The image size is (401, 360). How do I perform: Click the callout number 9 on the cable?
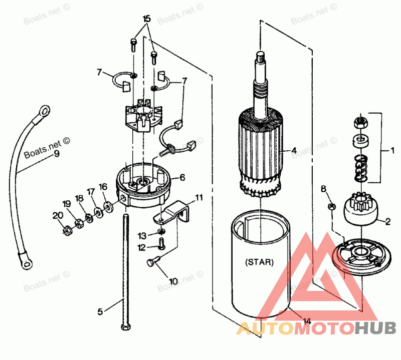pyautogui.click(x=57, y=154)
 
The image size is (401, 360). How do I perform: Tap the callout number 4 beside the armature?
pyautogui.click(x=294, y=150)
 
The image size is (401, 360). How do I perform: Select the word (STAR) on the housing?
pyautogui.click(x=260, y=262)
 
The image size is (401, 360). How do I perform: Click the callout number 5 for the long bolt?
pyautogui.click(x=100, y=311)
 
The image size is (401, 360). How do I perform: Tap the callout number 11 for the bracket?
pyautogui.click(x=199, y=198)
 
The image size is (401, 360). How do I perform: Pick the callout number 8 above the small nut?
pyautogui.click(x=323, y=188)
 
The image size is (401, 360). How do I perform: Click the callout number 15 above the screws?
pyautogui.click(x=146, y=19)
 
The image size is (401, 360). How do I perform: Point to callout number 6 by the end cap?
pyautogui.click(x=182, y=177)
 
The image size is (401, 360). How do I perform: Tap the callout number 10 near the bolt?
pyautogui.click(x=173, y=281)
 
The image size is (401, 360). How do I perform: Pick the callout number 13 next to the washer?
pyautogui.click(x=142, y=235)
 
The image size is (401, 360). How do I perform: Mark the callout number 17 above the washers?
pyautogui.click(x=91, y=191)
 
